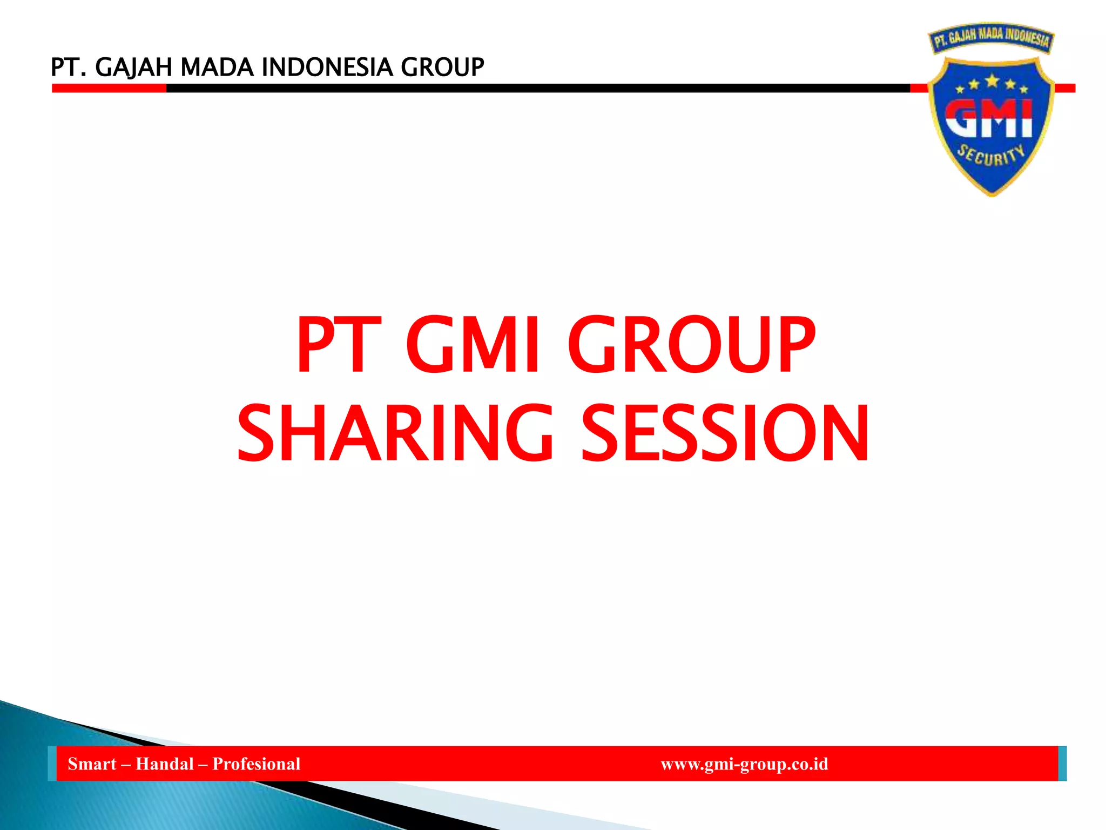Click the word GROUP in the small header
click(442, 68)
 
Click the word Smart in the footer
click(92, 764)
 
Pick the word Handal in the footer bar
click(165, 764)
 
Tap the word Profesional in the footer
click(256, 764)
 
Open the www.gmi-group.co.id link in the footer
click(744, 764)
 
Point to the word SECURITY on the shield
click(991, 156)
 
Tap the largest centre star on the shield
click(992, 81)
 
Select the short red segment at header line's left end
click(109, 88)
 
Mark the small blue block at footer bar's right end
click(1062, 763)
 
